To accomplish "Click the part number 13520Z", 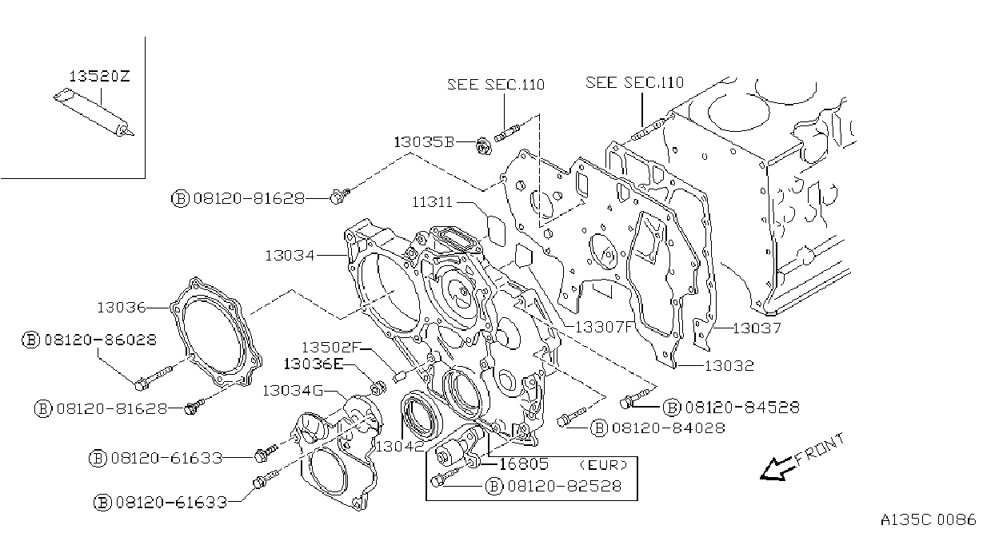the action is click(100, 76).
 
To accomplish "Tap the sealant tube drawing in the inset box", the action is click(94, 113).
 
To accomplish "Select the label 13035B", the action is click(424, 142).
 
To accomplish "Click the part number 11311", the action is click(432, 202).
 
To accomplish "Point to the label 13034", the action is click(290, 255).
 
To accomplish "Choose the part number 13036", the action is click(121, 308).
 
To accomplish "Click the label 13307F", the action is click(605, 327).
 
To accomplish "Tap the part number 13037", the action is click(757, 328).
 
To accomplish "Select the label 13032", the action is click(729, 366).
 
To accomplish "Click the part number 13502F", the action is click(331, 347).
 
